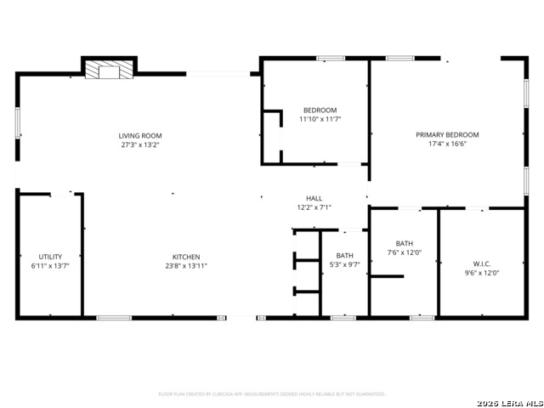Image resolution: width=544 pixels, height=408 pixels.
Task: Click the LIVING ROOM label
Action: click(140, 135)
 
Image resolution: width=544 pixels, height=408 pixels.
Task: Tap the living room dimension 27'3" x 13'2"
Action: click(140, 144)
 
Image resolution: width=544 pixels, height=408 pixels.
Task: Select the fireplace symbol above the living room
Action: click(110, 69)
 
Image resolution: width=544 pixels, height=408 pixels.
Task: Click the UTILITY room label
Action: click(50, 256)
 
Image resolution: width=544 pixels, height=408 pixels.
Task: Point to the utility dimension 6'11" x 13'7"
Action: click(50, 265)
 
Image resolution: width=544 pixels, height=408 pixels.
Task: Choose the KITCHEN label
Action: click(186, 256)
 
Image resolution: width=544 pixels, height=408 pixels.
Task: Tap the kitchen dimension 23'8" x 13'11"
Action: click(186, 265)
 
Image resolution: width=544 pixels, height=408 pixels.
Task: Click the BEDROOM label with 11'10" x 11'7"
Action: click(320, 110)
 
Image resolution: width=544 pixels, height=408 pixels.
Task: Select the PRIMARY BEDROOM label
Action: click(447, 134)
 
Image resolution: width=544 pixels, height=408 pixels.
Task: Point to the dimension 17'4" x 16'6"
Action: click(447, 144)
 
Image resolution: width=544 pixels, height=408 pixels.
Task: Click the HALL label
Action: click(314, 198)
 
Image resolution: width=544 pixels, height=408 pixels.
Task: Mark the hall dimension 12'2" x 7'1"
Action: click(314, 207)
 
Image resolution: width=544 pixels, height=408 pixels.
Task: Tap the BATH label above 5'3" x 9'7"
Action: click(344, 255)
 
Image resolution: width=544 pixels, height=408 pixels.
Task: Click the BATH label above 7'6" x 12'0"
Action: click(404, 243)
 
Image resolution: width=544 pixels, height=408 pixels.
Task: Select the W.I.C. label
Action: click(480, 263)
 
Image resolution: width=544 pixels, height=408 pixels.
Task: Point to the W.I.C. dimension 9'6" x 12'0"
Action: click(480, 273)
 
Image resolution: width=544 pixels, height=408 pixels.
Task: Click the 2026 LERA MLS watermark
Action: click(509, 402)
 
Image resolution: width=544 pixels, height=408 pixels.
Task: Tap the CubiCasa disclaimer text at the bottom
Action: click(272, 394)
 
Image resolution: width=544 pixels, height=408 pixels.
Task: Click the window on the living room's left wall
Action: click(17, 122)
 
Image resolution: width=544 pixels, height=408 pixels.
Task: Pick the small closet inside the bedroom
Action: click(272, 136)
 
